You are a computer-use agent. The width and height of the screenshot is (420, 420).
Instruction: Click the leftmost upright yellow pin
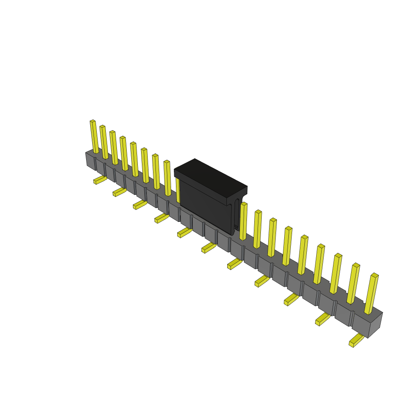click(94, 137)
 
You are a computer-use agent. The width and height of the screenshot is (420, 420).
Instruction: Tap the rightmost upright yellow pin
click(372, 294)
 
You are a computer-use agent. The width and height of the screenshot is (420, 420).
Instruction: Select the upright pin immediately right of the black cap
click(243, 221)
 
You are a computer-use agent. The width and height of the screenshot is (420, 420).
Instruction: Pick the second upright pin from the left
click(104, 142)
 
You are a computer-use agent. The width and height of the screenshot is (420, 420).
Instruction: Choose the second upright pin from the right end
click(353, 284)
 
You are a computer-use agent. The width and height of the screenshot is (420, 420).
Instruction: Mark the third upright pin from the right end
click(336, 274)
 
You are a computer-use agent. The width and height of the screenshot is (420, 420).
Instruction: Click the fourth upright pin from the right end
click(319, 264)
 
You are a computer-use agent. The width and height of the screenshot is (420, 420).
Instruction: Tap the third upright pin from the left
click(114, 148)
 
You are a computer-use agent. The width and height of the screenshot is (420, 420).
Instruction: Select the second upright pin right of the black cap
click(257, 229)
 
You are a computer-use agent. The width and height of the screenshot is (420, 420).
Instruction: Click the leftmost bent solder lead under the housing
click(100, 180)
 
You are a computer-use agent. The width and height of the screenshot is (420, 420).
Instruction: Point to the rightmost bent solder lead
click(356, 340)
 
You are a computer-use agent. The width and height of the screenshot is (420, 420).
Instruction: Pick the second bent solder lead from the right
click(322, 319)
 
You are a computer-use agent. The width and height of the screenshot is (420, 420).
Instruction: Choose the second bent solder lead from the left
click(119, 192)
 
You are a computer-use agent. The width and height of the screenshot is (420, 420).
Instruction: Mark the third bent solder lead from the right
click(291, 299)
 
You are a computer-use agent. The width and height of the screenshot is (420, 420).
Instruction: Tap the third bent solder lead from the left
click(139, 204)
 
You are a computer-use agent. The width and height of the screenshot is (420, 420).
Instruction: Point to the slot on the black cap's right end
click(237, 213)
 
